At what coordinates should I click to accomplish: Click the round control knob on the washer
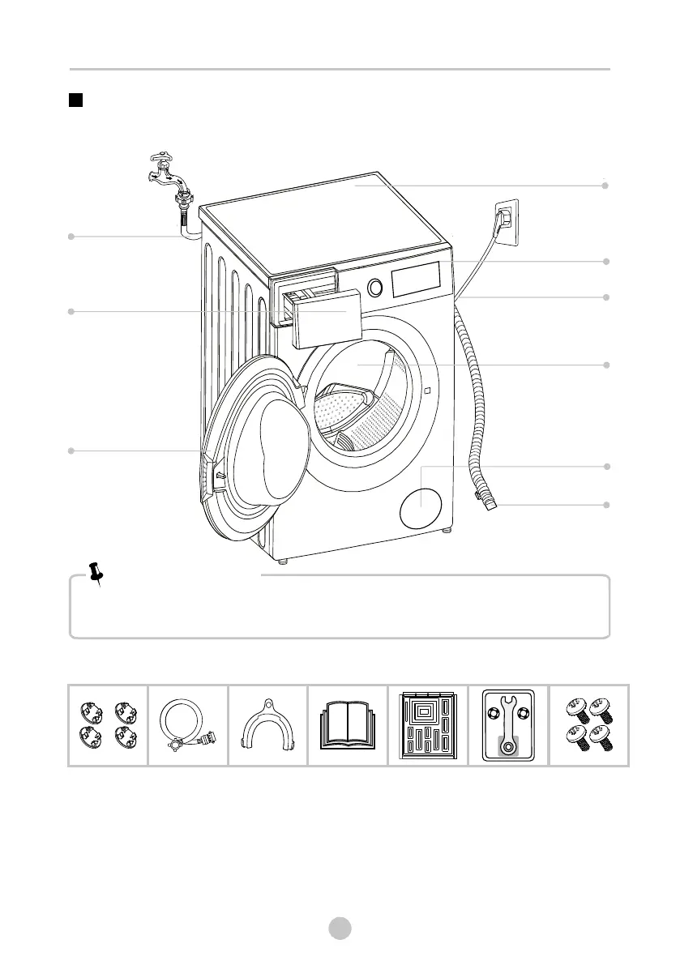pos(375,287)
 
